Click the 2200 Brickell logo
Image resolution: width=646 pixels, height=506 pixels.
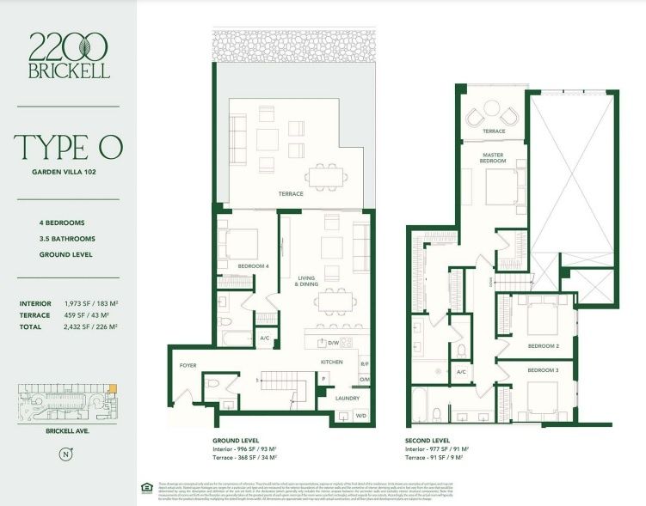[68, 55]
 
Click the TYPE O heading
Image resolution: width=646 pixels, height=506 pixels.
[68, 147]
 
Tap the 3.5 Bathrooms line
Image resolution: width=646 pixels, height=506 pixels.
[67, 239]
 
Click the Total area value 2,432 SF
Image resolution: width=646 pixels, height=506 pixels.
[90, 326]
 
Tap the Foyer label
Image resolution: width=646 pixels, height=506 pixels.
[188, 365]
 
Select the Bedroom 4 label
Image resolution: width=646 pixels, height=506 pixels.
[254, 266]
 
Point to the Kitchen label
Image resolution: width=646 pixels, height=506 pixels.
[332, 363]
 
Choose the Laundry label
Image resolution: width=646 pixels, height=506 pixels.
[348, 398]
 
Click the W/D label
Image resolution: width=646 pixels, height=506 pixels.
[361, 415]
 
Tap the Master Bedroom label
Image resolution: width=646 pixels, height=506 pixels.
[492, 157]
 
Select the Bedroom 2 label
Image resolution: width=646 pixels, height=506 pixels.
[544, 345]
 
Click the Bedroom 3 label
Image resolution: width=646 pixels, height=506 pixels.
[544, 369]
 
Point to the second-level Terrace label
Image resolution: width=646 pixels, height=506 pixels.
[493, 131]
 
